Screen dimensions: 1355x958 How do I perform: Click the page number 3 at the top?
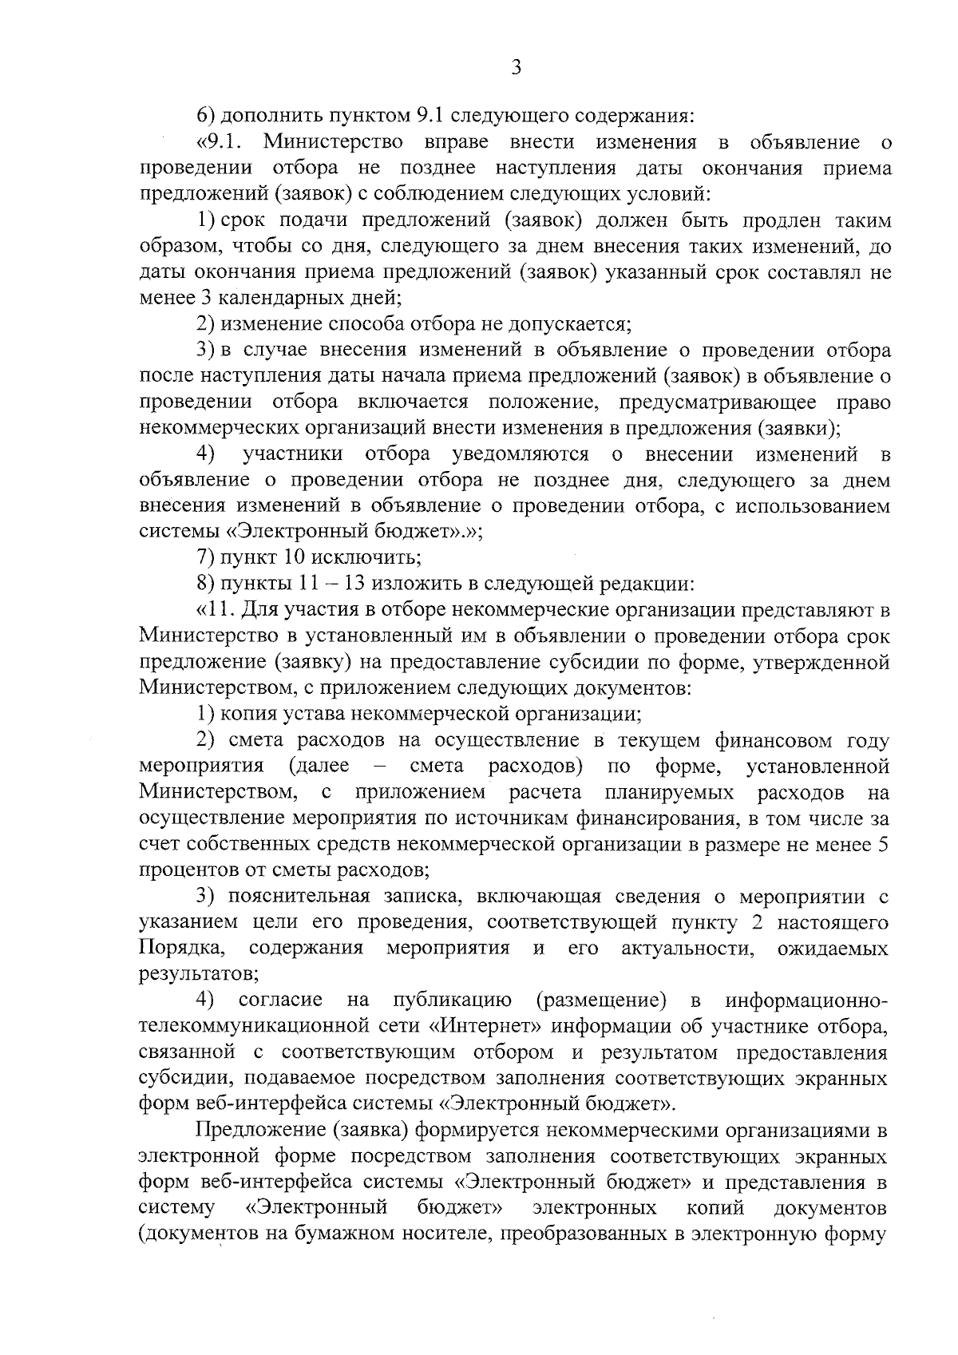point(516,69)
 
